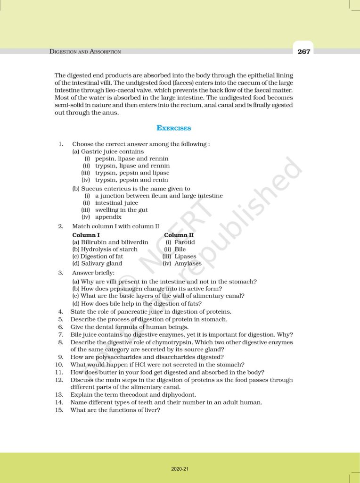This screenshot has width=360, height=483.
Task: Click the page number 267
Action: pyautogui.click(x=304, y=51)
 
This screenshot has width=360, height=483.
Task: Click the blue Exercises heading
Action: pyautogui.click(x=173, y=128)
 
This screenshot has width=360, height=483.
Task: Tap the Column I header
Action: pyautogui.click(x=86, y=235)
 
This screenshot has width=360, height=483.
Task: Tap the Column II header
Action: pyautogui.click(x=179, y=235)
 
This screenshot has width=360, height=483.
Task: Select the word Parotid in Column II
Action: pyautogui.click(x=185, y=242)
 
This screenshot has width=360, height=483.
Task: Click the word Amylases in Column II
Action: pyautogui.click(x=188, y=263)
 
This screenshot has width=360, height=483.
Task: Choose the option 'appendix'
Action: pyautogui.click(x=108, y=217)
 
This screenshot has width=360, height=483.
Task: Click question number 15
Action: pyautogui.click(x=59, y=410)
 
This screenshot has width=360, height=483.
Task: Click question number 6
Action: pyautogui.click(x=60, y=326)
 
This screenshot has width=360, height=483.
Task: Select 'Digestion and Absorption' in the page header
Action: pyautogui.click(x=85, y=51)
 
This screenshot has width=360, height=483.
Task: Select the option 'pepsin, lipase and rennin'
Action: pyautogui.click(x=131, y=159)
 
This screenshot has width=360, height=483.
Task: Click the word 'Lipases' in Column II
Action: pyautogui.click(x=185, y=256)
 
